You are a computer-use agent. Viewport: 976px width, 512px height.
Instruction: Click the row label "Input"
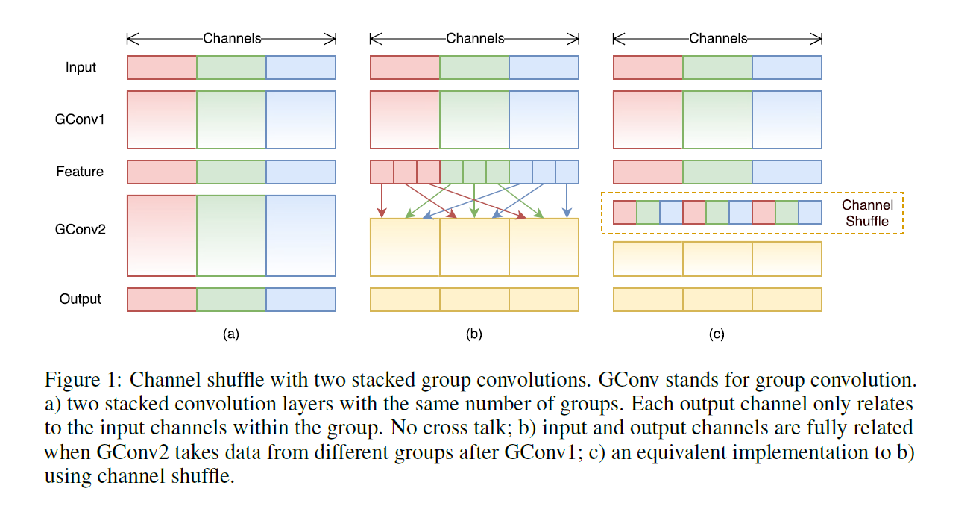click(x=81, y=67)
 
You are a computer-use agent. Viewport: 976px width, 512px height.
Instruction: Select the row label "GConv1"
click(x=80, y=119)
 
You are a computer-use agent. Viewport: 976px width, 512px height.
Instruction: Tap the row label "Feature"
click(x=80, y=172)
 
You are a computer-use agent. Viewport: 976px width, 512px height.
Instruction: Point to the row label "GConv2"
click(x=80, y=229)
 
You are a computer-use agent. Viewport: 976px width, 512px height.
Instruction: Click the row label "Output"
click(x=80, y=299)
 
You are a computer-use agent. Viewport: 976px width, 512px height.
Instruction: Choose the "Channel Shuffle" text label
click(x=866, y=213)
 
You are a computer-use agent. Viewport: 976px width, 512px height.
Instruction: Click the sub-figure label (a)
click(x=230, y=334)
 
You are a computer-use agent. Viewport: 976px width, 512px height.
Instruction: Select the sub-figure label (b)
click(x=473, y=334)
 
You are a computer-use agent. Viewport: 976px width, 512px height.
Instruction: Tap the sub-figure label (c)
click(x=717, y=334)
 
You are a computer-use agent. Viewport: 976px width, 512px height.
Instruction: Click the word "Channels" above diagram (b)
click(x=475, y=38)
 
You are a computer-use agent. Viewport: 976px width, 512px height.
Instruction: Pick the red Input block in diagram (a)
click(x=162, y=67)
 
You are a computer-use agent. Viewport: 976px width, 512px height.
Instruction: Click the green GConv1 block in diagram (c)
click(x=717, y=119)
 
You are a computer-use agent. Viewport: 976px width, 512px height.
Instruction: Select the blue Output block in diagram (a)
click(x=300, y=299)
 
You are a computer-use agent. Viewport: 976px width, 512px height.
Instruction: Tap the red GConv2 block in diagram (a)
click(x=162, y=236)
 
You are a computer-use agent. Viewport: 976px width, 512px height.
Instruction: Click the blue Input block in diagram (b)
click(x=544, y=67)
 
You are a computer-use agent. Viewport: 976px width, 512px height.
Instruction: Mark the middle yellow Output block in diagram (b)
click(x=474, y=299)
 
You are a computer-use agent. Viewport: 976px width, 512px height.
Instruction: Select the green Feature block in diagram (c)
click(x=717, y=172)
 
